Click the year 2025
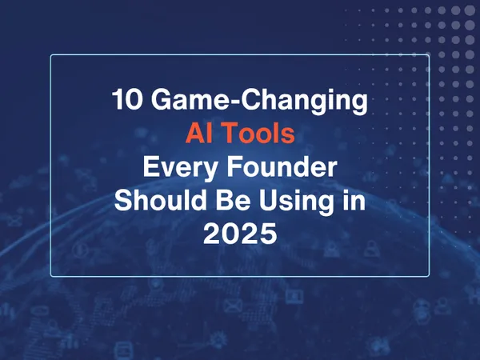click(x=240, y=235)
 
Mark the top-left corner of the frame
click(x=51, y=55)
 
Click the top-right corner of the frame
click(x=430, y=55)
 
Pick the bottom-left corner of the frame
click(x=51, y=276)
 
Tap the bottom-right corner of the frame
click(x=430, y=276)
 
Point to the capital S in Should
click(x=122, y=202)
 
